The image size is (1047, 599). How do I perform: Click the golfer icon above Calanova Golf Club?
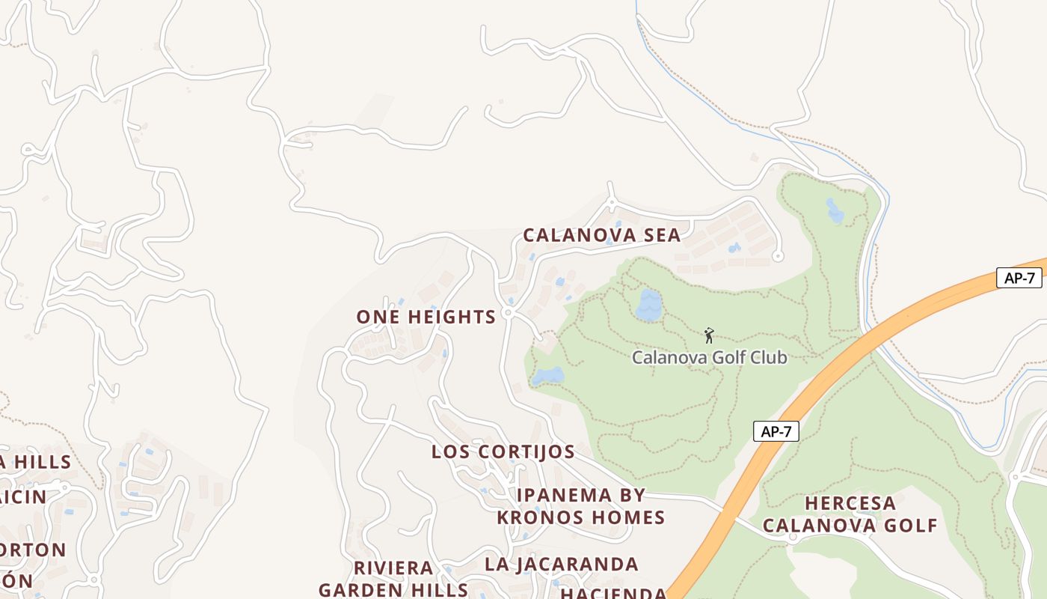coord(709,335)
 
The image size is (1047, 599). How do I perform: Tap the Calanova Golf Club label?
coord(709,357)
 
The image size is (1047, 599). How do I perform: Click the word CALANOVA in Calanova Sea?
coord(574,235)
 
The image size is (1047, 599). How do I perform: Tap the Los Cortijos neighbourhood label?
coord(503,451)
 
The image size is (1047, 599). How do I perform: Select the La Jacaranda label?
coord(561,564)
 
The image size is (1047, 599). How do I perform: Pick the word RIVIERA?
coord(393,568)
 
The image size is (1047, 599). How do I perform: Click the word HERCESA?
coord(850,503)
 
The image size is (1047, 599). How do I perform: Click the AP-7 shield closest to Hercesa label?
coord(776,431)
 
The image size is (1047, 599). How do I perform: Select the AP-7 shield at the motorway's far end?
coord(1019,278)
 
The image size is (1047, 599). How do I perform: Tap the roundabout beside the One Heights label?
coord(509,313)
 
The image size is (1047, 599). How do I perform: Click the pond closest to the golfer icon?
coord(648,305)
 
